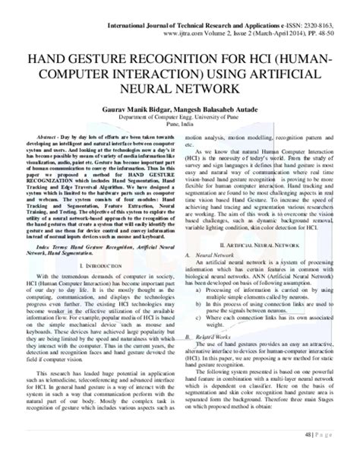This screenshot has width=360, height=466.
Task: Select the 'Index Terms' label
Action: coord(55,227)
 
